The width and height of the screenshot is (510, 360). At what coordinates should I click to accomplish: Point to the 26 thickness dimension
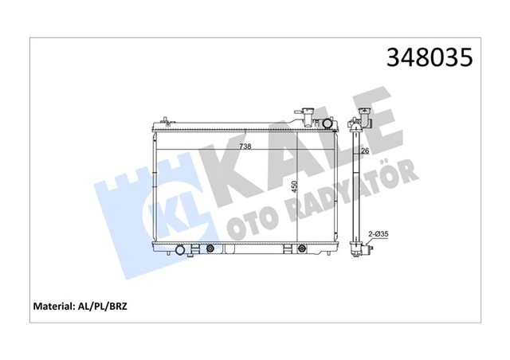point(364,151)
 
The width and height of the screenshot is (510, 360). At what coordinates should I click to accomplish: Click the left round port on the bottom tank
point(210,248)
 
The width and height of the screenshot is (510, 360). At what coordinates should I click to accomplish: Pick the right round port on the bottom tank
point(301,248)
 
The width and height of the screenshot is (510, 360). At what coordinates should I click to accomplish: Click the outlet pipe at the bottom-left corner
point(182,251)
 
